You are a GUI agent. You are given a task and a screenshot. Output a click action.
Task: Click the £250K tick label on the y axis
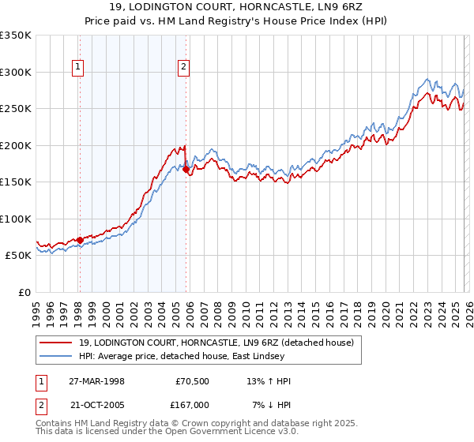16,109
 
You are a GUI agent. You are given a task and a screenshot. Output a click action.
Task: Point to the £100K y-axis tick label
16,219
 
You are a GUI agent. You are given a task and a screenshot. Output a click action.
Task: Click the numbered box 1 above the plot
79,68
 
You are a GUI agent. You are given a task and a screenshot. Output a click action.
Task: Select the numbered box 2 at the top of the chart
183,68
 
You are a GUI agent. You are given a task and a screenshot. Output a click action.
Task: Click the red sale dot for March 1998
81,240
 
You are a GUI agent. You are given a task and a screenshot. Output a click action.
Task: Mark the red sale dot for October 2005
186,169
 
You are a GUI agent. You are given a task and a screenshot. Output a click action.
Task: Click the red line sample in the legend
57,343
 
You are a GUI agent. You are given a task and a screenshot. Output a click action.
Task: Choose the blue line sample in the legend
57,357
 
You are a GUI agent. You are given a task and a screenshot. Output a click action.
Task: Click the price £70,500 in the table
190,381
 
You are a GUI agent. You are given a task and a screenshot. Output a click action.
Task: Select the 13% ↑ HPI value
269,381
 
